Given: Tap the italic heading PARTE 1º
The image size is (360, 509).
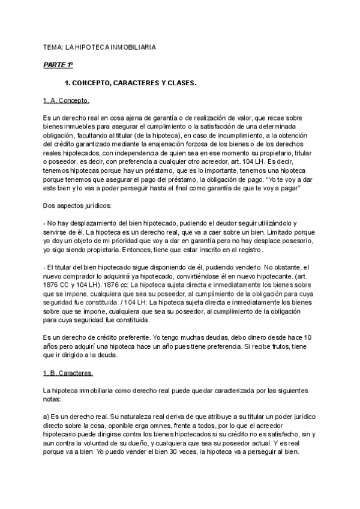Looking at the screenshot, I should (x=58, y=64).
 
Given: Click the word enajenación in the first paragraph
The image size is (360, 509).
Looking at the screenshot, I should (x=181, y=145).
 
